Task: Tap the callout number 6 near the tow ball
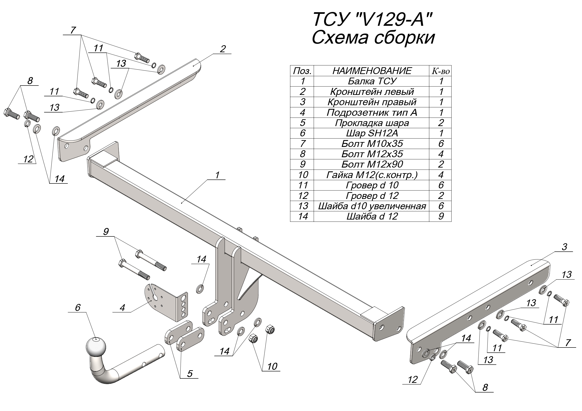[78, 308]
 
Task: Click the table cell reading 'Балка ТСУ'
[372, 81]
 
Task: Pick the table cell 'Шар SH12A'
[372, 133]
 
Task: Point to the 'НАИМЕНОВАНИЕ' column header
[372, 71]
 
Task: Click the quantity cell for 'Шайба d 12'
[441, 216]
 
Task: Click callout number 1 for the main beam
[217, 175]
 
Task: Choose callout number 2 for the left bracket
[223, 49]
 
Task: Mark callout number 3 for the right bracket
[564, 247]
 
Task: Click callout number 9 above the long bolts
[106, 232]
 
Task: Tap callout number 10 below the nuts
[272, 366]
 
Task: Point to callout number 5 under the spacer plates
[190, 374]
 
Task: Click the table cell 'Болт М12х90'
[372, 164]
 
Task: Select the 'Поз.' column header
[302, 71]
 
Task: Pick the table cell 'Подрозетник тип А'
[372, 112]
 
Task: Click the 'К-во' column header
[441, 71]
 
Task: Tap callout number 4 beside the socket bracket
[122, 308]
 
